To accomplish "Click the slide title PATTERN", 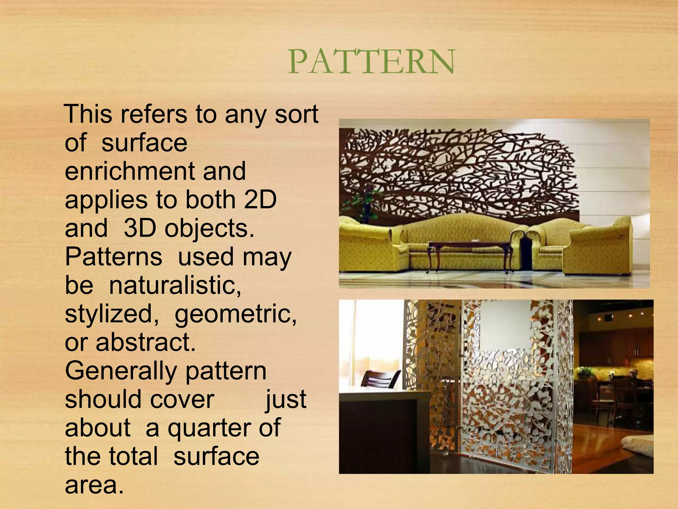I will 371,62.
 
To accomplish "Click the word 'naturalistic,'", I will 175,285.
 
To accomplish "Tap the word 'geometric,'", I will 236,314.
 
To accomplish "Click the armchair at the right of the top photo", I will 599,247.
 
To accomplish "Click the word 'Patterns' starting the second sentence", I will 114,257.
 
